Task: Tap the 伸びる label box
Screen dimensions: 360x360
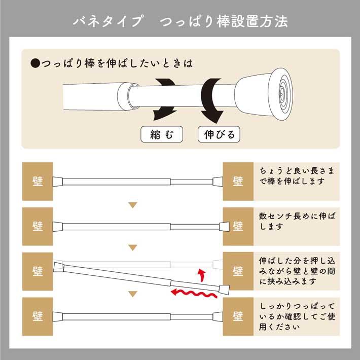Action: [x=219, y=135]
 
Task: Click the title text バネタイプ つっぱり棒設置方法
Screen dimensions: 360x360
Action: [x=180, y=22]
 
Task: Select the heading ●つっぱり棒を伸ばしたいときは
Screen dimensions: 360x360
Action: [x=112, y=64]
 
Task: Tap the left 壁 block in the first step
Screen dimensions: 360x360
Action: [x=38, y=181]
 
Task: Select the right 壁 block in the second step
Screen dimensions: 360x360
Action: [x=238, y=226]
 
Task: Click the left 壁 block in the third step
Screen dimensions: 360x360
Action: [x=38, y=270]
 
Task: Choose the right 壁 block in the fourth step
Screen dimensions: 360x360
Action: [x=238, y=316]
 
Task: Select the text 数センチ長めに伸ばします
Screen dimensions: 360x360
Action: [x=297, y=221]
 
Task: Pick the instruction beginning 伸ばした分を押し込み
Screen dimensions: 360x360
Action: [x=297, y=271]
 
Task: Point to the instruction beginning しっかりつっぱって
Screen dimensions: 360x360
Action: [x=297, y=316]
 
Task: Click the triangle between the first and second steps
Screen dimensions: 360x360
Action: [x=133, y=205]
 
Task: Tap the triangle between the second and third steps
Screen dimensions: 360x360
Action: [x=133, y=248]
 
